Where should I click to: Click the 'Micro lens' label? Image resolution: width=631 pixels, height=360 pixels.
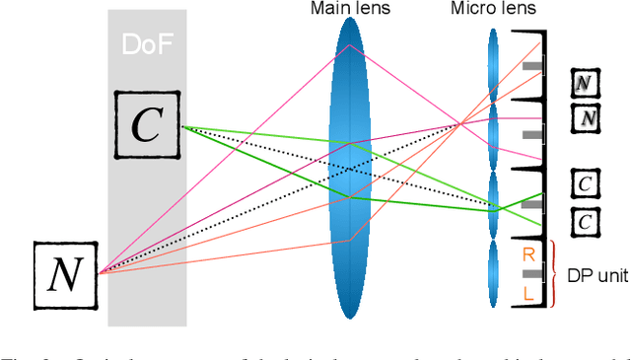pyautogui.click(x=494, y=9)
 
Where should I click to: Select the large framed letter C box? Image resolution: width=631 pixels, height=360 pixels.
pyautogui.click(x=146, y=126)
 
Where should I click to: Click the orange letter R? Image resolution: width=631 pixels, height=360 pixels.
pyautogui.click(x=529, y=254)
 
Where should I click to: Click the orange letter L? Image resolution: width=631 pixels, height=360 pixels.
pyautogui.click(x=529, y=293)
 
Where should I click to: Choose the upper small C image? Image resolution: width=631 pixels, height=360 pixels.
pyautogui.click(x=586, y=183)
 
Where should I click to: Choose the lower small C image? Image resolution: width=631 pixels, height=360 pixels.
pyautogui.click(x=586, y=222)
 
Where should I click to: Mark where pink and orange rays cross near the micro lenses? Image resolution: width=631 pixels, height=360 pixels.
pyautogui.click(x=460, y=123)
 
